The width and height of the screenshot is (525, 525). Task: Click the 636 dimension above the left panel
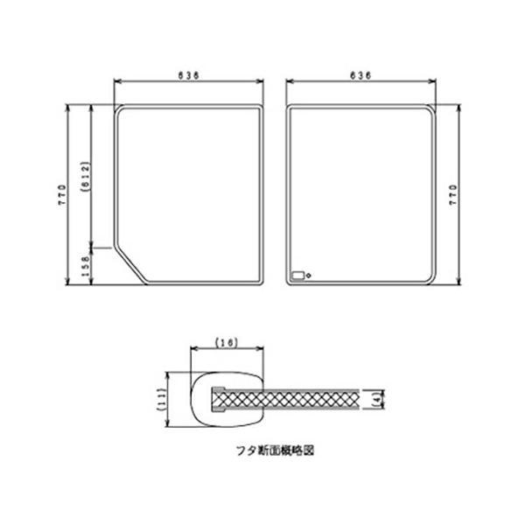(188, 75)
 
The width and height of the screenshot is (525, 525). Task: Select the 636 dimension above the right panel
(360, 75)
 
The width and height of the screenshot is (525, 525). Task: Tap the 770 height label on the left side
(63, 195)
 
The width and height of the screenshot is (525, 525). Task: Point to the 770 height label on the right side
(452, 195)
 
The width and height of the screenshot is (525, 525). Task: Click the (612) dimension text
(86, 177)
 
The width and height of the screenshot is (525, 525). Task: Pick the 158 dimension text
(86, 266)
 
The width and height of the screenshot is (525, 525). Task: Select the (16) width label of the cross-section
(227, 342)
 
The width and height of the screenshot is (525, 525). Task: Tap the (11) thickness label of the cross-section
(162, 400)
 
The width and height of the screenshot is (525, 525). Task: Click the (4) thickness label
(378, 399)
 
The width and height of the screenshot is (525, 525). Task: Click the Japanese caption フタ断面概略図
(276, 451)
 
